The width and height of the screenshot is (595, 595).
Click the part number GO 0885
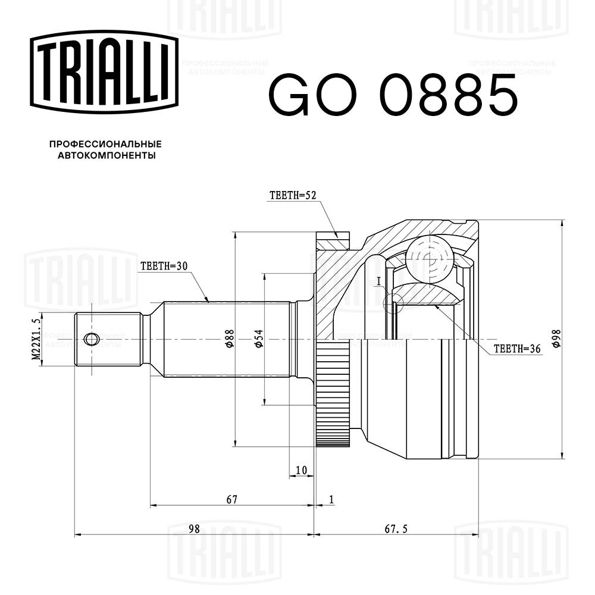[x=393, y=95]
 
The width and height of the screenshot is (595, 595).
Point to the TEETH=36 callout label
[x=516, y=350]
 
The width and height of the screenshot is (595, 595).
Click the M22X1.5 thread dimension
[x=36, y=339]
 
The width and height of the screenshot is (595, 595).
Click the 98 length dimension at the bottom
[x=193, y=528]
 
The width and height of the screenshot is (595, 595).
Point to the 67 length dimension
[x=231, y=499]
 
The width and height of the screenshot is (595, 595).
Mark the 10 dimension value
[x=301, y=470]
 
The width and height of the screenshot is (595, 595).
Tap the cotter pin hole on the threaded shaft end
[x=90, y=339]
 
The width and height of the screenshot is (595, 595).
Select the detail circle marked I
[x=393, y=303]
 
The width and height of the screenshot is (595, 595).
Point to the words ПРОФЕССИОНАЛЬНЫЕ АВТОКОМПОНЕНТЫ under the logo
[x=105, y=150]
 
